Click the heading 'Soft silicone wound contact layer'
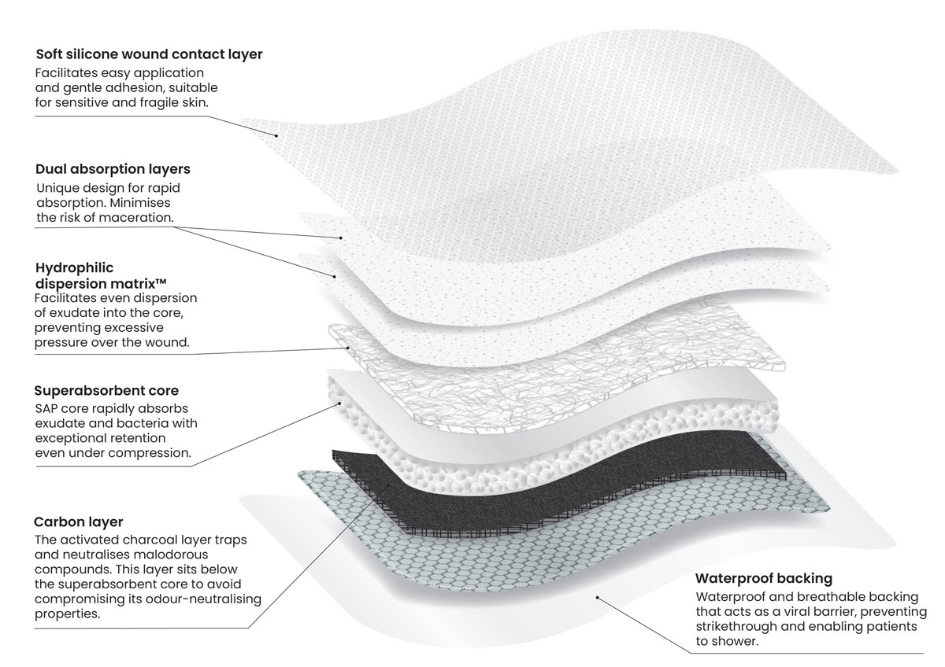pos(149,55)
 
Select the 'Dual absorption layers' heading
pos(113,169)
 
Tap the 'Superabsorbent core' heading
pos(106,390)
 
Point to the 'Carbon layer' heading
pos(78,522)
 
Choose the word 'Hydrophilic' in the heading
pos(69,268)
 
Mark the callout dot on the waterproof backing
pos(598,597)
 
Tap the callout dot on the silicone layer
pos(277,135)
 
